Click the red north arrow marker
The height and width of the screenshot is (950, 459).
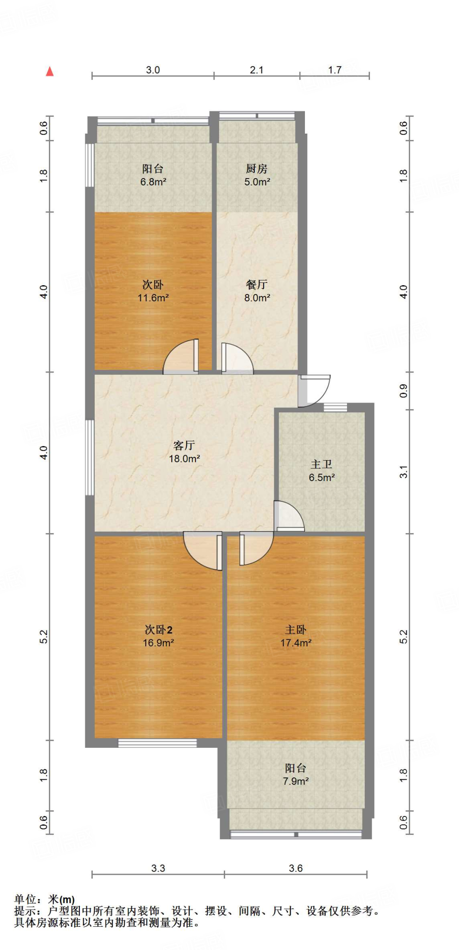[x=50, y=71]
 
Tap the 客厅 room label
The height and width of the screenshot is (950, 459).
[x=184, y=445]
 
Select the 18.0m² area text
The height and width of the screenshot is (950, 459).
[x=184, y=459]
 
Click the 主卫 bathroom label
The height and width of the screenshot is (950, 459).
[x=321, y=464]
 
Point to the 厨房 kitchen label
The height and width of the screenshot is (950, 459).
[x=257, y=169]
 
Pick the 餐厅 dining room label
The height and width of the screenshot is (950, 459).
[x=257, y=284]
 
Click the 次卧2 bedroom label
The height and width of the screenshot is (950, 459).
[x=158, y=629]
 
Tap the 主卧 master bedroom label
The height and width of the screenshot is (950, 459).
[x=296, y=629]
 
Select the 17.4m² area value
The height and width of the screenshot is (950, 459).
[x=296, y=643]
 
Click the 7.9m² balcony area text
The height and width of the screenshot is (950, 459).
[x=296, y=781]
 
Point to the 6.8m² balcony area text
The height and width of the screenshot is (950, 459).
[x=153, y=182]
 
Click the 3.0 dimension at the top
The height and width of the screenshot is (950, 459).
[x=153, y=70]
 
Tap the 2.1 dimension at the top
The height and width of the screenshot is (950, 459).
[x=256, y=70]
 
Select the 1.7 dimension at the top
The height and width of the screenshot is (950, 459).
[x=335, y=70]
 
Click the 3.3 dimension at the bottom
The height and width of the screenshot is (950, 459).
[x=158, y=868]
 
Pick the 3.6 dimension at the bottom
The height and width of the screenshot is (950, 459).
[x=295, y=868]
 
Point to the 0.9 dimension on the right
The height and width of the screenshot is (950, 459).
[x=403, y=391]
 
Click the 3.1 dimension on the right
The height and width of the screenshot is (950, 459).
[x=403, y=472]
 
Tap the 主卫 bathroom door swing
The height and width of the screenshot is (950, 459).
[x=289, y=515]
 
